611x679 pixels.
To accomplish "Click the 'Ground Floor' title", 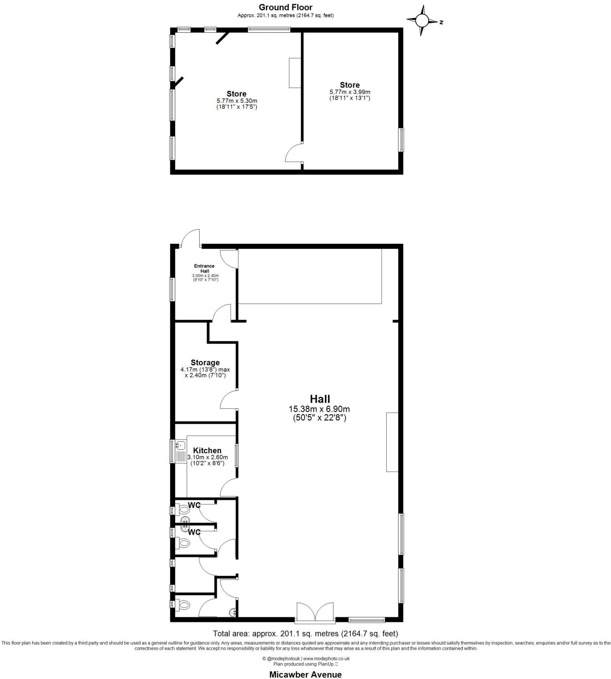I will pyautogui.click(x=285, y=7).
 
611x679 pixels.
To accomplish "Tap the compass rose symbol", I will pyautogui.click(x=422, y=21).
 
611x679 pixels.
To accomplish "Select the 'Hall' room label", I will pyautogui.click(x=320, y=399).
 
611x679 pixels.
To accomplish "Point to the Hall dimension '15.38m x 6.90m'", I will pyautogui.click(x=319, y=409).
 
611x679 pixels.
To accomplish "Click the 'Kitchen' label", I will pyautogui.click(x=207, y=451).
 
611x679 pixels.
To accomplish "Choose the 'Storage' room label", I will pyautogui.click(x=205, y=363).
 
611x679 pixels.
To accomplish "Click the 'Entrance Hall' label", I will pyautogui.click(x=205, y=268).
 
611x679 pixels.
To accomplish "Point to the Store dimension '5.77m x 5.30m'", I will pyautogui.click(x=237, y=101).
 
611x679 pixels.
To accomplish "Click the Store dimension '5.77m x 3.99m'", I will pyautogui.click(x=350, y=92).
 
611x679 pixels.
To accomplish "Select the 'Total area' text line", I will pyautogui.click(x=306, y=634).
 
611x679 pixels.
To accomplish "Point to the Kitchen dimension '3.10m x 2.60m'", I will pyautogui.click(x=208, y=458).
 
